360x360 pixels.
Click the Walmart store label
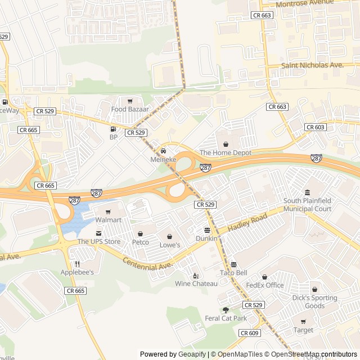pyautogui.click(x=108, y=219)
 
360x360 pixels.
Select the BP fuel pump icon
pyautogui.click(x=114, y=129)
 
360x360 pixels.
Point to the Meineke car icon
pyautogui.click(x=164, y=151)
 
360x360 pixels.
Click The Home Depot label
pyautogui.click(x=226, y=152)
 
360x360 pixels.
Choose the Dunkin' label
pyautogui.click(x=207, y=238)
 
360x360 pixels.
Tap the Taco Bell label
pyautogui.click(x=233, y=273)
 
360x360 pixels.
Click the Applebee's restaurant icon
pyautogui.click(x=78, y=264)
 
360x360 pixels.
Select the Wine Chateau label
pyautogui.click(x=196, y=283)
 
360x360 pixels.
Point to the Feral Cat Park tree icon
pyautogui.click(x=226, y=310)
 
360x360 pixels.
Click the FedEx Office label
pyautogui.click(x=264, y=285)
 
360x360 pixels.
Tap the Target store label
pyautogui.click(x=303, y=330)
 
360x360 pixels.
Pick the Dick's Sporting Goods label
pyautogui.click(x=314, y=302)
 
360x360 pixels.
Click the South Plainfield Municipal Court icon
pyautogui.click(x=307, y=193)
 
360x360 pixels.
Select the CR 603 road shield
pyautogui.click(x=316, y=127)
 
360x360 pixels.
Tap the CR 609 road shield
pyautogui.click(x=249, y=333)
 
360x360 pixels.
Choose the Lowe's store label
pyautogui.click(x=169, y=245)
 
